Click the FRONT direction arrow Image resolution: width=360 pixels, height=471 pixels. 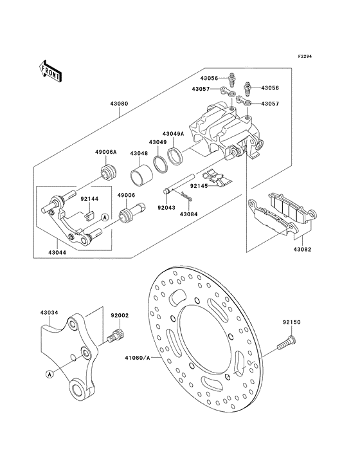click(x=50, y=69)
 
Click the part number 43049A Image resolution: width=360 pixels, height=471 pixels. click(x=174, y=133)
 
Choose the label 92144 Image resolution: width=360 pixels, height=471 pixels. click(x=91, y=199)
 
